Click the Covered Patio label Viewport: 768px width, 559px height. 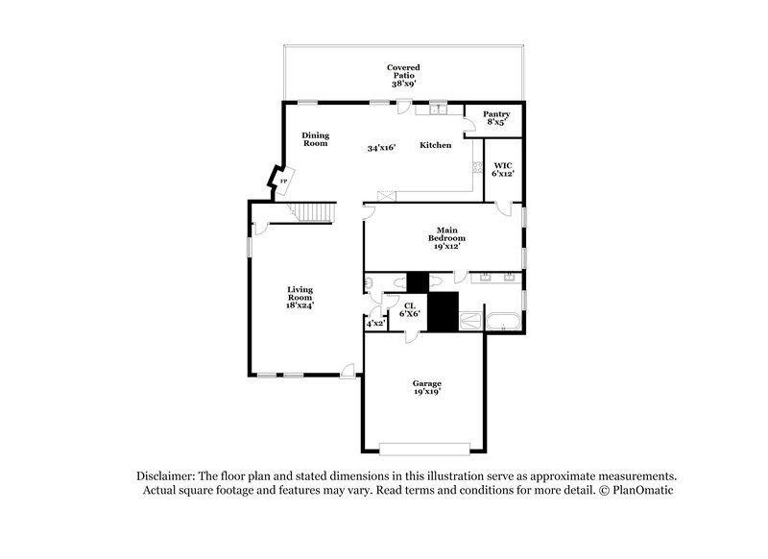[403, 76]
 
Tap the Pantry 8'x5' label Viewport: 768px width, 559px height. [496, 118]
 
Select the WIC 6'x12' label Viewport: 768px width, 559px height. [501, 169]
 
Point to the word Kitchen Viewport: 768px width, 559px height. [435, 145]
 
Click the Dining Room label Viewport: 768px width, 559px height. [316, 139]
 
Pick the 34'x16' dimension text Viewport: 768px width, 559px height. [382, 149]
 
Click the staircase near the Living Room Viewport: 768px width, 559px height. [314, 212]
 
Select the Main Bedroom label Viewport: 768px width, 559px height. [446, 237]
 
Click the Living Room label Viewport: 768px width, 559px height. [301, 296]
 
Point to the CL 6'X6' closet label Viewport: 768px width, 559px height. [408, 310]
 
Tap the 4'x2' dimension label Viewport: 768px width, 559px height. [375, 324]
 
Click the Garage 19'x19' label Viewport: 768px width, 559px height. [426, 388]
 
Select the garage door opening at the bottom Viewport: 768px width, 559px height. [425, 447]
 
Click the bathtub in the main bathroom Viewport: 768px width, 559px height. [505, 322]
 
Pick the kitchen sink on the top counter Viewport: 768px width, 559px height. [440, 109]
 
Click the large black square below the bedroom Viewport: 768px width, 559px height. [443, 313]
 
